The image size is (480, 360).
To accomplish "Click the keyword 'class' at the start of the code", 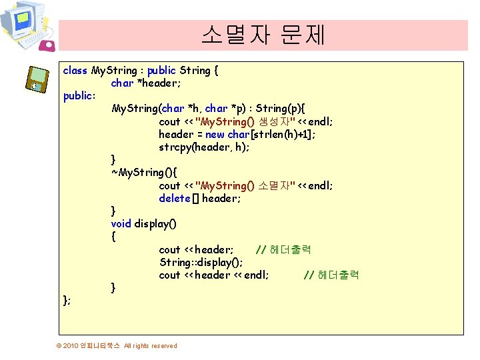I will pos(75,70).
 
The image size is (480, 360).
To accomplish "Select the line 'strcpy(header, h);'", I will pos(204,147).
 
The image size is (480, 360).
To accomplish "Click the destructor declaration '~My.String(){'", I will pos(143,173).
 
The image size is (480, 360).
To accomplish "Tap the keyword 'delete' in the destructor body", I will pos(175,198).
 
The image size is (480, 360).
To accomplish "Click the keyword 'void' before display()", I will pos(121,223).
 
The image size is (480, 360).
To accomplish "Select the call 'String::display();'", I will pos(201,262).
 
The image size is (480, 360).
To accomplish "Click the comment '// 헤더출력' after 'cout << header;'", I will pos(283,249).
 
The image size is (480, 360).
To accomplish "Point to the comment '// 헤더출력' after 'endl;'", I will pos(331,275).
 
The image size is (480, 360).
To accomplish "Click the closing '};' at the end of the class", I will pos(67,300).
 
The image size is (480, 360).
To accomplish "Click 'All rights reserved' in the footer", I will pos(151,345).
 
